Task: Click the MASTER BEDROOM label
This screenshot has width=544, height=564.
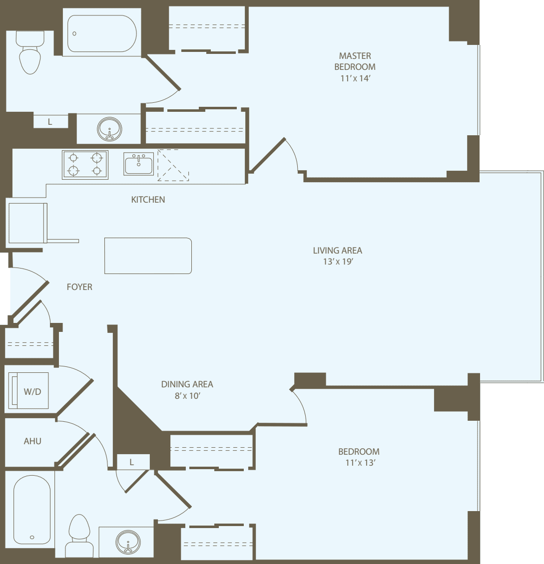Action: pos(355,61)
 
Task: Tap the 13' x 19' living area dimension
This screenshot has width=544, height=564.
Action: pos(337,262)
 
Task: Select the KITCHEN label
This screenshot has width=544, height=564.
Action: pos(148,200)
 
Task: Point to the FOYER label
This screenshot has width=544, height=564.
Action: pos(79,287)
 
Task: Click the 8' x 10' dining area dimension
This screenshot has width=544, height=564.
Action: pos(187,395)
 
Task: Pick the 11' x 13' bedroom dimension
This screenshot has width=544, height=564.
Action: pos(359,463)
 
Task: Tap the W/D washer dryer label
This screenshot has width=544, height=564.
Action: pos(32,392)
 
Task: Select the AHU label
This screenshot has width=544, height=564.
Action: pos(32,441)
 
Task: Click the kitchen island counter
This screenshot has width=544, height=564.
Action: pos(148,256)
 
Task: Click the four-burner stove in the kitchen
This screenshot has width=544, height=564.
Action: pos(85,164)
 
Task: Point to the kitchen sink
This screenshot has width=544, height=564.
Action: pos(139,164)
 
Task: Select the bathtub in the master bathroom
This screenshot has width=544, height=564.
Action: pos(102,33)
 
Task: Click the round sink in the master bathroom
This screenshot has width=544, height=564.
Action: pos(109,129)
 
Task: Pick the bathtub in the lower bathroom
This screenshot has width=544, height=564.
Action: pos(32,509)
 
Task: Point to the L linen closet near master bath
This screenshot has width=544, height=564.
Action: pos(50,121)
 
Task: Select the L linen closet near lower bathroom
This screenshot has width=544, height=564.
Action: pos(132,462)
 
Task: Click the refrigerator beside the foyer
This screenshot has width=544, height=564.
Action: pos(27,223)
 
